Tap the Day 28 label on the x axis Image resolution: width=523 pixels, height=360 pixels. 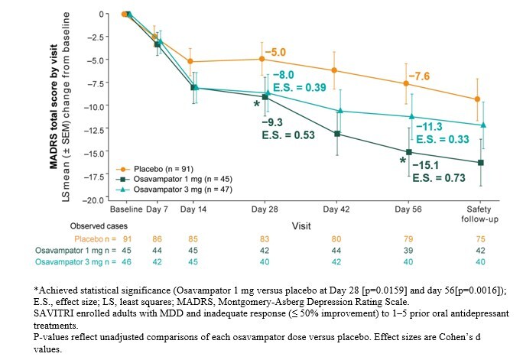[x=264, y=209]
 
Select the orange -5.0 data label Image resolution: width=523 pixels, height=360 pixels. [x=275, y=53]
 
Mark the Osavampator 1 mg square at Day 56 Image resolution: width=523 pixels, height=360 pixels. [x=408, y=152]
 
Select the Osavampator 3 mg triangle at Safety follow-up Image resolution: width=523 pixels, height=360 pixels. [x=478, y=125]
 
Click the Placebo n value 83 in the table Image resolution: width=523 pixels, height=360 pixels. [x=264, y=239]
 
